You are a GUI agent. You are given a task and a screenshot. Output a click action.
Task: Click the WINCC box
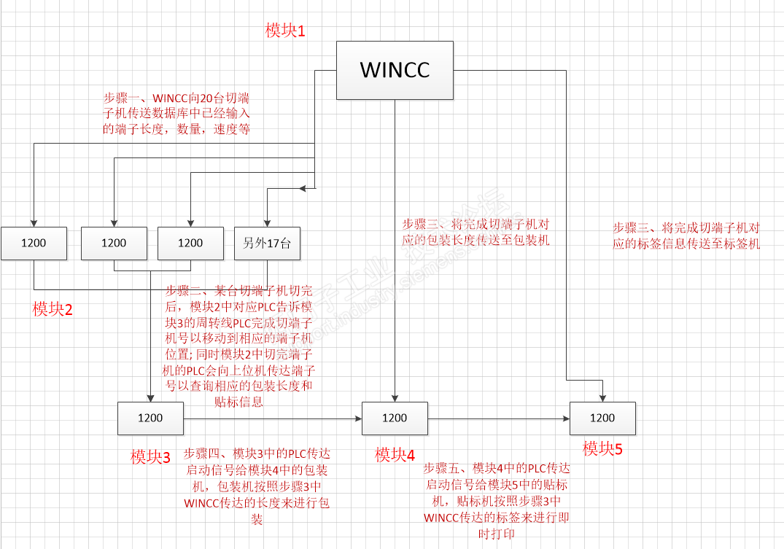(x=395, y=70)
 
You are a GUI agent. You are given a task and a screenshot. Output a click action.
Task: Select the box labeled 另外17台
(x=267, y=244)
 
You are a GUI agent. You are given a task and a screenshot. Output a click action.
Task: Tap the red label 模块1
(x=285, y=31)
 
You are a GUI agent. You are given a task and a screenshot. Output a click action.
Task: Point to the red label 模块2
(x=53, y=309)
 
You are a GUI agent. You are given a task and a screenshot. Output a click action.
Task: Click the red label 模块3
(x=150, y=457)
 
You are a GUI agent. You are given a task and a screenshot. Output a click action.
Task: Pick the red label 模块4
(x=395, y=456)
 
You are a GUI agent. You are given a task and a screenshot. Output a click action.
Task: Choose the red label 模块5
(x=602, y=448)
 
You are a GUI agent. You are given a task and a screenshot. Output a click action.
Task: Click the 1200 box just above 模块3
(x=150, y=418)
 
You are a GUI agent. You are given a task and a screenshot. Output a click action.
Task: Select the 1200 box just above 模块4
(x=395, y=418)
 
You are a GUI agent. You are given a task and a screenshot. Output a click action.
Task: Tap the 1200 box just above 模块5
(x=602, y=418)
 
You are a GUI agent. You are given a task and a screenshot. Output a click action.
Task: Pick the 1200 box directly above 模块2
(x=34, y=244)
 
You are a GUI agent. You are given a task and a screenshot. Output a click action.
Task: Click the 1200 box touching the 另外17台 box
(x=190, y=244)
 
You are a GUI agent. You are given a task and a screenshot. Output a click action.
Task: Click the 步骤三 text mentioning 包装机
(x=476, y=231)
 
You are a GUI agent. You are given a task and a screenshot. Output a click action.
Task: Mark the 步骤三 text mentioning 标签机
(x=686, y=235)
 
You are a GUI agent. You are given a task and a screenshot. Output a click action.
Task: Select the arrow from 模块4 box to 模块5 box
(x=498, y=418)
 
